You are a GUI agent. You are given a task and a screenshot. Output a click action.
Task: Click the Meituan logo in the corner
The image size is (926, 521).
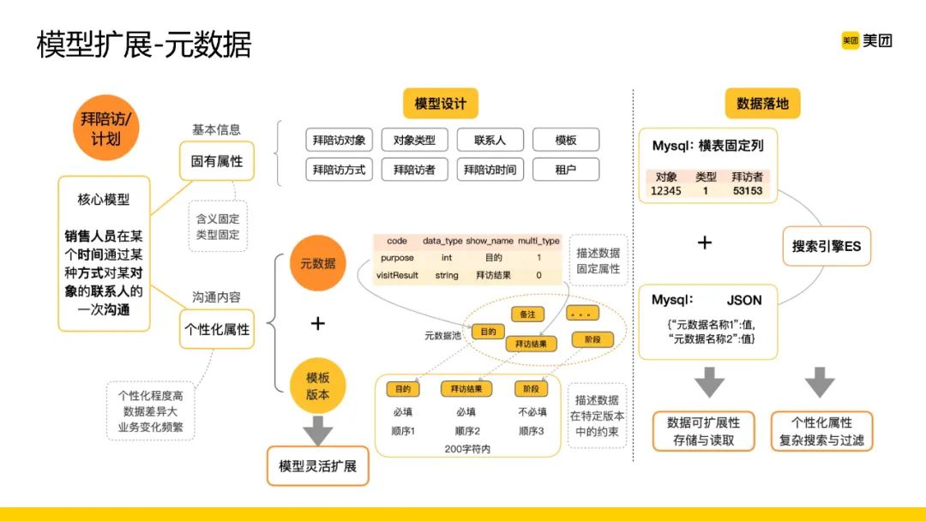(x=867, y=40)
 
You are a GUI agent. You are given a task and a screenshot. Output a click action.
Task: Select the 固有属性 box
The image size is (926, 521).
(x=217, y=161)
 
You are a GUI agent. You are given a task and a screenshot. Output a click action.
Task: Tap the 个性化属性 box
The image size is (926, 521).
(x=217, y=328)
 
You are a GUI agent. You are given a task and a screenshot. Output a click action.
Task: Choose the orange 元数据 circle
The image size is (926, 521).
(x=317, y=263)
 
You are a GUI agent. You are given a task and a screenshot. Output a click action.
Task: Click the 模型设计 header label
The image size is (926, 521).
(x=441, y=104)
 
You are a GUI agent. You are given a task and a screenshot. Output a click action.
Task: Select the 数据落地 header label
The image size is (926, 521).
(x=762, y=104)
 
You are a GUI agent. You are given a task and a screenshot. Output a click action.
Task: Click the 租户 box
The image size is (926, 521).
(x=565, y=170)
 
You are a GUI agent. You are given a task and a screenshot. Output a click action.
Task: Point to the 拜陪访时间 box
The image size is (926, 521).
(x=490, y=170)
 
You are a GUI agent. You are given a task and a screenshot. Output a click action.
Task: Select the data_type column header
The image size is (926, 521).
(x=442, y=241)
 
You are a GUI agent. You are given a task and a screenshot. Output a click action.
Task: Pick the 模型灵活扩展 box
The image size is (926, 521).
(x=317, y=466)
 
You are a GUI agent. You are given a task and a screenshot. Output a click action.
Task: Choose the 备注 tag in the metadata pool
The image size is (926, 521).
(x=527, y=314)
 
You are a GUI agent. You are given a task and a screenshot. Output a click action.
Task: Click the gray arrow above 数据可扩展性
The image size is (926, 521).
(x=708, y=382)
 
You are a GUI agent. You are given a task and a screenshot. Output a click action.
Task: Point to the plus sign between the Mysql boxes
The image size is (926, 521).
(x=704, y=243)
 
